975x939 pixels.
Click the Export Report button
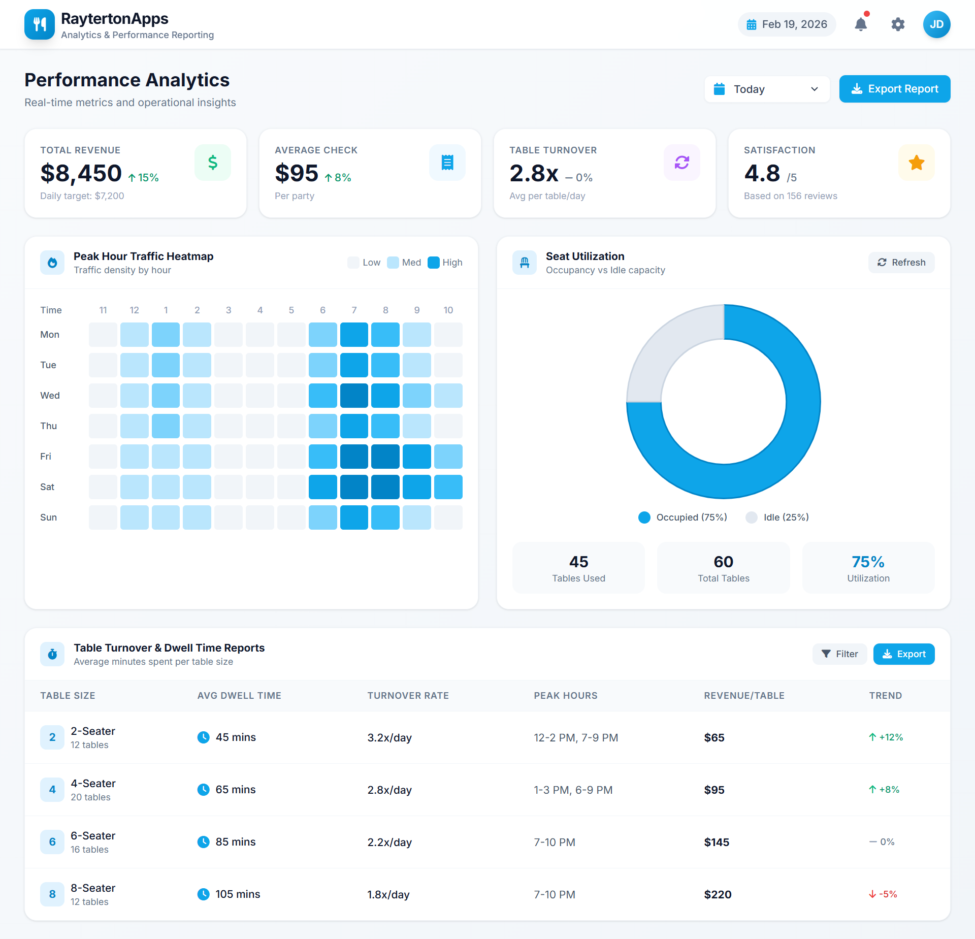[x=894, y=89]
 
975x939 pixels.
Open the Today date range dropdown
[x=767, y=89]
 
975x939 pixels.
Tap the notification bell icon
[x=860, y=24]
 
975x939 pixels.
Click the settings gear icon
[x=898, y=24]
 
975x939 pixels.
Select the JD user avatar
[x=936, y=24]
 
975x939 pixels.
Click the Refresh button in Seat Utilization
[x=901, y=263]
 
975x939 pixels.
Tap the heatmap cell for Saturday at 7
[x=354, y=487]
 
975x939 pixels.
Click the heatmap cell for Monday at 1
[x=166, y=335]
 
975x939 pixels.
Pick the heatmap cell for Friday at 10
[x=448, y=457]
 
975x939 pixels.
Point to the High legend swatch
[x=433, y=263]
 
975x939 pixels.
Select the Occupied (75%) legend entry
[x=682, y=517]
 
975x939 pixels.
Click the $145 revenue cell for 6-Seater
[x=717, y=843]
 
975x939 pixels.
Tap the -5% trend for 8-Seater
[x=883, y=894]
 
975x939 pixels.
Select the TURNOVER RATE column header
[x=408, y=696]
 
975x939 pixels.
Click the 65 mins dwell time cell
[x=235, y=790]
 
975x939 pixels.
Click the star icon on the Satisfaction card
[x=916, y=163]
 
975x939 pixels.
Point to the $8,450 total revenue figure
[x=81, y=173]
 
